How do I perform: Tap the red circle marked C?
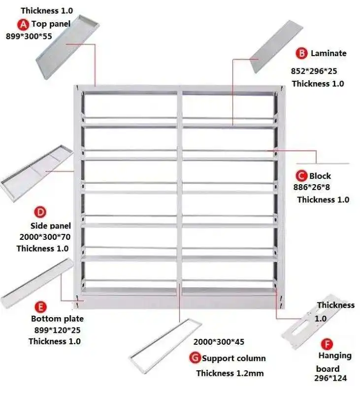301,176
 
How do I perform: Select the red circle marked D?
40,213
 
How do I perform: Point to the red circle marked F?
326,343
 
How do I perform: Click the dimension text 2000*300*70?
45,237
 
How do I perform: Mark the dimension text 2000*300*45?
218,342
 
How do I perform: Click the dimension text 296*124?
330,378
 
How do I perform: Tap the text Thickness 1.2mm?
229,373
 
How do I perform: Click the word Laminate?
328,53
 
